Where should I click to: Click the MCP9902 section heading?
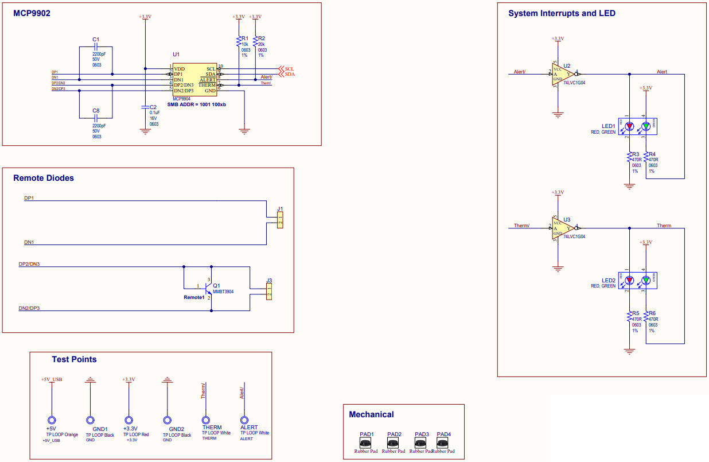pos(32,13)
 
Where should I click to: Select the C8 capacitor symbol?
pos(96,118)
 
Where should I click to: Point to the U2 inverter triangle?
pos(560,73)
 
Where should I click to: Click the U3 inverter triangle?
pos(560,228)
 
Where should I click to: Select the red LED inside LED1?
pos(629,126)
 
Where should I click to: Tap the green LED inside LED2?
pos(646,281)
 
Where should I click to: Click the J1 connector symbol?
pos(280,220)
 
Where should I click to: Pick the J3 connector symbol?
pos(268,292)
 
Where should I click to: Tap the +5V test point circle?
pos(52,421)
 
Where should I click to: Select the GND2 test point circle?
pos(167,421)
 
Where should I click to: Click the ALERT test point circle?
pos(245,420)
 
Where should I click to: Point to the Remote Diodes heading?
pos(44,178)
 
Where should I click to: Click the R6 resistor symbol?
pos(646,317)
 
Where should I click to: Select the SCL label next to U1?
pos(290,68)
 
